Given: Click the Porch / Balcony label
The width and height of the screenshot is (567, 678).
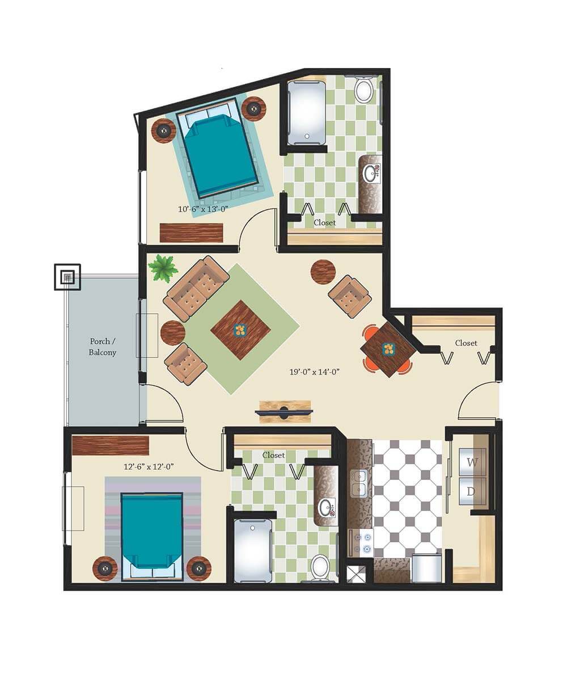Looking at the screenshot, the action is click(x=103, y=347).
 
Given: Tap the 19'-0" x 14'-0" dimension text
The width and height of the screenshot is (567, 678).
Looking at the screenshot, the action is click(x=314, y=372).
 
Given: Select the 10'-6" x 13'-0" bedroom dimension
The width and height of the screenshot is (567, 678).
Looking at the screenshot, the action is click(x=202, y=209).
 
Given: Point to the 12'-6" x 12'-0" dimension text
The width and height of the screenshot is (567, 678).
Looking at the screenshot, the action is click(x=149, y=466).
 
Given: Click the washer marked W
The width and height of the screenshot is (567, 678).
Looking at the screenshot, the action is click(x=472, y=462).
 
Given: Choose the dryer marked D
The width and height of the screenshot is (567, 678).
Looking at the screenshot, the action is click(x=472, y=491).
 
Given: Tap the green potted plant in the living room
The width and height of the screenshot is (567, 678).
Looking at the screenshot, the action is click(x=163, y=268).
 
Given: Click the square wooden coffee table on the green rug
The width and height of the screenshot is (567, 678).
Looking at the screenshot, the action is click(x=240, y=330).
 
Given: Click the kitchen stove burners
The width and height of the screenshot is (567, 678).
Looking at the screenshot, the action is click(x=362, y=543).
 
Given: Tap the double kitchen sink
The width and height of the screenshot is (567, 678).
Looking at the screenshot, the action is click(x=359, y=483).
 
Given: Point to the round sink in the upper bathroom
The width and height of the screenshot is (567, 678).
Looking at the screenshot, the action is click(x=370, y=174).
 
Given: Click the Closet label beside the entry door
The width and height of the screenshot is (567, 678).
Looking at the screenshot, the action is click(x=466, y=343).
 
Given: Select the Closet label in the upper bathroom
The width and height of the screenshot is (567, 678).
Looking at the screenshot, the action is click(x=324, y=222).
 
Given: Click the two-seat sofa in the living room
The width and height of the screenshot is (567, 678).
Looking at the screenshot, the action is click(x=197, y=288).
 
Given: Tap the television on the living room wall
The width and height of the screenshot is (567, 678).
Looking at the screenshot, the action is click(x=285, y=411).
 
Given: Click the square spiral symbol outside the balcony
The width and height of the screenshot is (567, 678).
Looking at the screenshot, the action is click(x=67, y=277).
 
